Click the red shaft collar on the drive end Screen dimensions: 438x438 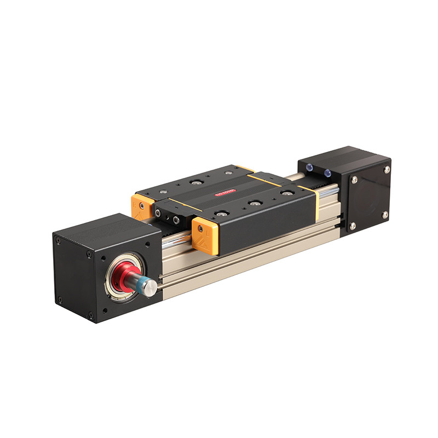(122, 274)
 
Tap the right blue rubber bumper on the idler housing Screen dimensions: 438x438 (327, 173)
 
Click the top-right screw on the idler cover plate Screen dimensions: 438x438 (387, 170)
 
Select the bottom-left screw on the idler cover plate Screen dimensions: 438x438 (352, 225)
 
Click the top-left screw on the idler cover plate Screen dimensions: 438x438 (354, 180)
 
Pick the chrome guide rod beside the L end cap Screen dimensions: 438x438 (181, 237)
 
